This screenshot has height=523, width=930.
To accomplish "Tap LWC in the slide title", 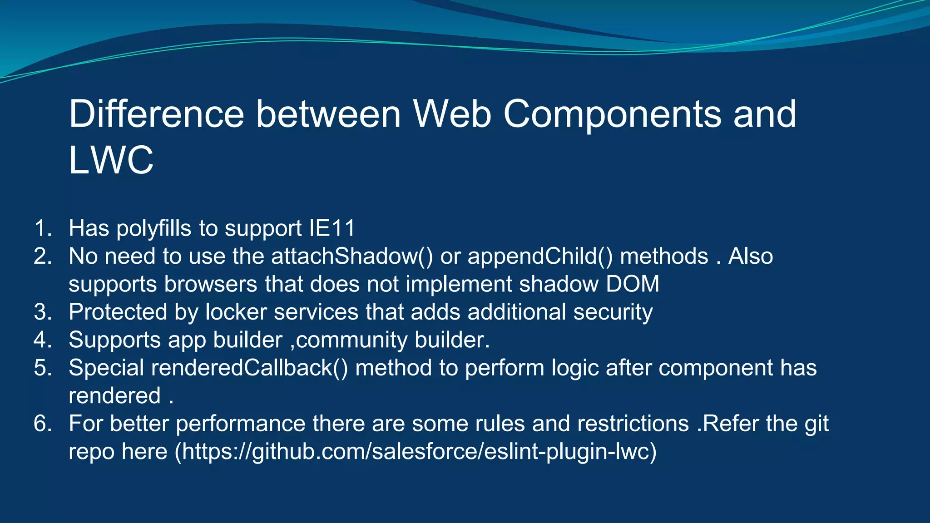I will pos(111,160).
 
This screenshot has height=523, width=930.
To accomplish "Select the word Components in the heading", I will pos(612,114).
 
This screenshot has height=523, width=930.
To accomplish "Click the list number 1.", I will pos(43,228).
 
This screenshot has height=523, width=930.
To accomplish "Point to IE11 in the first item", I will pos(332,228).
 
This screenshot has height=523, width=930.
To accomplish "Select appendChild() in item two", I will pos(540,257).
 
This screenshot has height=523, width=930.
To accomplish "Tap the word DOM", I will pos(632,284).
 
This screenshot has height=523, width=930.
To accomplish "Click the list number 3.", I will pos(43,312).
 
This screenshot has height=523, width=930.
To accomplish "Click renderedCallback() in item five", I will pos(249,368).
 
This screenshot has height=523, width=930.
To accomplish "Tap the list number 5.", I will pos(43,368).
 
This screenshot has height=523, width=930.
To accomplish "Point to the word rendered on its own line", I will pos(114,396).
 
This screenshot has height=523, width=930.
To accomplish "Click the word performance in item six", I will pos(240,424).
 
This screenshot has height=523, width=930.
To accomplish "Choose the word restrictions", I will pos(633,424).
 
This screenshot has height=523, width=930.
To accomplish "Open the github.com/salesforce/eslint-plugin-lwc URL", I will pos(416,452).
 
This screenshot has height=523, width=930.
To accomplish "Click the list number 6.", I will pos(43,424).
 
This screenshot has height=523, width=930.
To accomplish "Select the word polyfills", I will pos(154,228).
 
